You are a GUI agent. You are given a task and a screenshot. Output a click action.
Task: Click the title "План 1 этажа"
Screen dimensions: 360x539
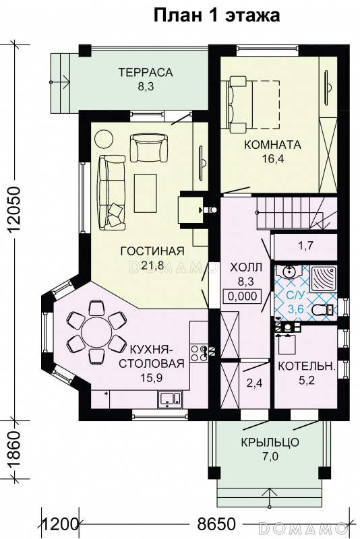tap(216, 15)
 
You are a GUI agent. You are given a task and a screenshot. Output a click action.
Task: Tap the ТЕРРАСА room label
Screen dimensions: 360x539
tap(146, 73)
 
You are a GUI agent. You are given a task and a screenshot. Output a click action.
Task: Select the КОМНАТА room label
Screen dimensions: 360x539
tap(272, 145)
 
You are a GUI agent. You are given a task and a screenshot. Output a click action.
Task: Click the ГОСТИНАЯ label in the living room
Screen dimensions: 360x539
tap(152, 251)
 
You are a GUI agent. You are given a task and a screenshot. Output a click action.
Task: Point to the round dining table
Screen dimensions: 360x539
tap(96, 332)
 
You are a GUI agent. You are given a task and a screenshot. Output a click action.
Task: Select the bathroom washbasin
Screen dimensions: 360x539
tap(288, 272)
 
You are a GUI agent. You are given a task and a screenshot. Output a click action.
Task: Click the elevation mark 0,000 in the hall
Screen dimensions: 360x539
tap(243, 296)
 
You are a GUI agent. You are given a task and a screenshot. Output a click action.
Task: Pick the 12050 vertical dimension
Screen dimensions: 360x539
tap(16, 210)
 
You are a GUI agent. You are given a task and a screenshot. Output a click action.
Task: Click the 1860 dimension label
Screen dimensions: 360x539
tap(16, 450)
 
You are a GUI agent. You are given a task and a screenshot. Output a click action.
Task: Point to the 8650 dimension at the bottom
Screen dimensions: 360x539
tap(216, 525)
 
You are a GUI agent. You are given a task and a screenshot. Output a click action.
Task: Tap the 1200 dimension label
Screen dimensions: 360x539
tap(59, 525)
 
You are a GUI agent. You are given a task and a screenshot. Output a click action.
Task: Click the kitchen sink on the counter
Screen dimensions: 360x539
tap(170, 399)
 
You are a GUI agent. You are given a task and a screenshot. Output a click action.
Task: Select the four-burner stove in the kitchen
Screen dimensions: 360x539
tap(198, 353)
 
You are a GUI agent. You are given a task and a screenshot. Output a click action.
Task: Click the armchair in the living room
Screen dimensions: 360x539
tap(149, 148)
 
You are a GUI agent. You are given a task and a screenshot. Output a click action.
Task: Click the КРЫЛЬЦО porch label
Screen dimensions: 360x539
tap(270, 442)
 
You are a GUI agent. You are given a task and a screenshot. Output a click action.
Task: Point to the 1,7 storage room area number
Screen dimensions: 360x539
tap(306, 246)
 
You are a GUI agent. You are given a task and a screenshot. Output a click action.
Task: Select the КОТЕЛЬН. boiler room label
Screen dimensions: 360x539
tap(306, 367)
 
